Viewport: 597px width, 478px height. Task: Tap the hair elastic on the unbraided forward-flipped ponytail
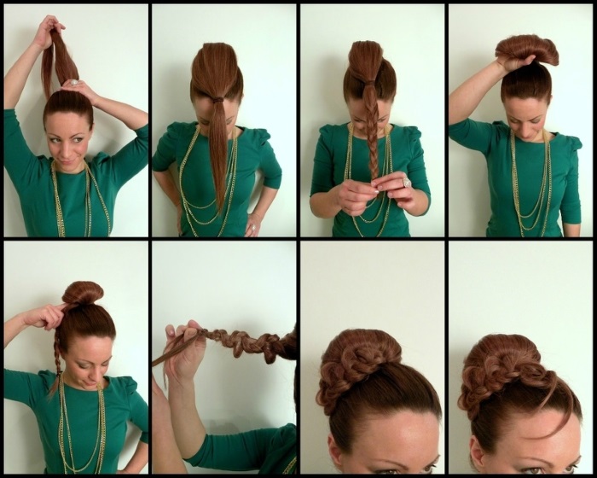(219, 101)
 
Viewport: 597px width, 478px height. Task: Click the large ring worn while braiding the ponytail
(407, 182)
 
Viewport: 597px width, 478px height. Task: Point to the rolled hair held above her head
(526, 50)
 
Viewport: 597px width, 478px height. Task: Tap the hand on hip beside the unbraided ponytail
(253, 224)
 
